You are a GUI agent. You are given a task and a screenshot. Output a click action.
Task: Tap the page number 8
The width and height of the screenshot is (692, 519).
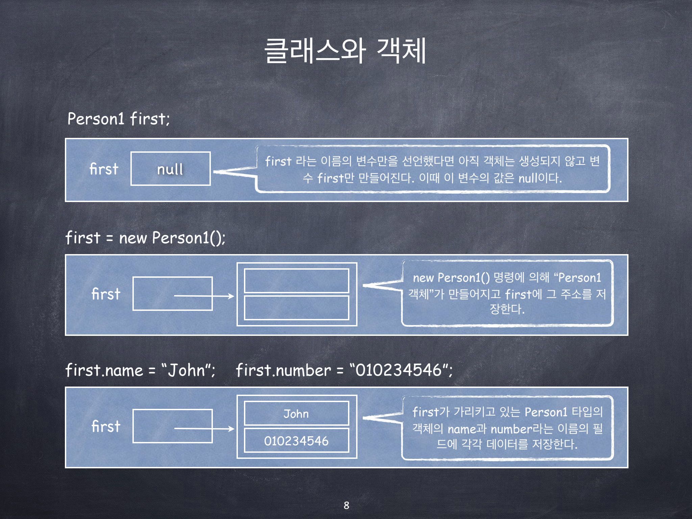point(346,505)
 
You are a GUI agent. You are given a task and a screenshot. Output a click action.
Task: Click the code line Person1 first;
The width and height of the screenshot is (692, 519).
point(118,119)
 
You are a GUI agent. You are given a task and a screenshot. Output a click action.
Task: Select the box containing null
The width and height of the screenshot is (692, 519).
point(171,169)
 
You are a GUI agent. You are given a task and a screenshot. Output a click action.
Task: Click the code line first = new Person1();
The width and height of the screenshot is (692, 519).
point(145,238)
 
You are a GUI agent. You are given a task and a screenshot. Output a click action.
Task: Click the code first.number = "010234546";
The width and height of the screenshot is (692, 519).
point(344,370)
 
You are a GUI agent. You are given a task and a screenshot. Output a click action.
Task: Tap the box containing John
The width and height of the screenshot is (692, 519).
point(296,413)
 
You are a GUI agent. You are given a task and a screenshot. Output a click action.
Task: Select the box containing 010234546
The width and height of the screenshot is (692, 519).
point(296,441)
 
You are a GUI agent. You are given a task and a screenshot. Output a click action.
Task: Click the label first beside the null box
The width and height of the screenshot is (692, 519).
point(104,169)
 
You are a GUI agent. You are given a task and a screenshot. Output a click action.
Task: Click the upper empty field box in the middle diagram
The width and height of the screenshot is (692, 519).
point(296,281)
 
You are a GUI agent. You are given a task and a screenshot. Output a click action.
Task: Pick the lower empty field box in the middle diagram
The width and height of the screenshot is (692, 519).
point(296,308)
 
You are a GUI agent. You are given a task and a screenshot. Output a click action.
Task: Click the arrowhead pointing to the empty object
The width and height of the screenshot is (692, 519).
point(231,296)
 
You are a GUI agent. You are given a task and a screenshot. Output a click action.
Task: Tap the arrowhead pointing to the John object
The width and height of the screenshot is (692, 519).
point(231,429)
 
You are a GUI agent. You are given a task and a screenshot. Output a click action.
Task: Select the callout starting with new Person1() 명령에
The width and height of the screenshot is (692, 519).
point(507,293)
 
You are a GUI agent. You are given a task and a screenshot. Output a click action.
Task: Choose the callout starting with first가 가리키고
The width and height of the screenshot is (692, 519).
point(507,428)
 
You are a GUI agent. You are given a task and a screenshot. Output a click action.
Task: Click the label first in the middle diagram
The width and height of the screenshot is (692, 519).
point(106,294)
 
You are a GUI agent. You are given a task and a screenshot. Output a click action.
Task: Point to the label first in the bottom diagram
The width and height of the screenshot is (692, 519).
point(106,426)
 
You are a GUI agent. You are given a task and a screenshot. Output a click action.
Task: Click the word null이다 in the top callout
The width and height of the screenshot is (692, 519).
point(540,178)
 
